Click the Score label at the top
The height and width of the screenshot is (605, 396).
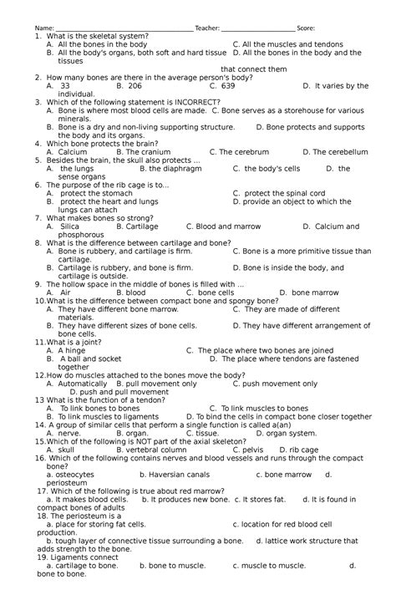305,28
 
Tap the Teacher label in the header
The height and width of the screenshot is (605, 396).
207,28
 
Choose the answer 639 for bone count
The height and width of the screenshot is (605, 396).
225,85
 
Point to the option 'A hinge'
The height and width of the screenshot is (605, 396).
71,350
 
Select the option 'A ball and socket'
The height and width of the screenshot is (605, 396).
90,358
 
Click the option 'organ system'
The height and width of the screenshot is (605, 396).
292,433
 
